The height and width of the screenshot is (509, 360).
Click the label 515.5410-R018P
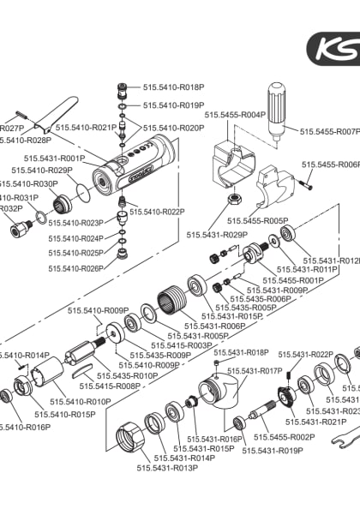click(173, 87)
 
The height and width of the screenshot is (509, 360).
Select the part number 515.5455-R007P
click(330, 132)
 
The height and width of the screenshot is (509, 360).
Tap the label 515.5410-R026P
click(78, 268)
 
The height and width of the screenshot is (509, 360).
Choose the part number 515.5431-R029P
click(217, 234)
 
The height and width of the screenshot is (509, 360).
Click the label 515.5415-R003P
click(183, 345)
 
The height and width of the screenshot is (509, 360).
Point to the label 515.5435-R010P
click(127, 375)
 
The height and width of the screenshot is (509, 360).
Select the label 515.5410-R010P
click(81, 401)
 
